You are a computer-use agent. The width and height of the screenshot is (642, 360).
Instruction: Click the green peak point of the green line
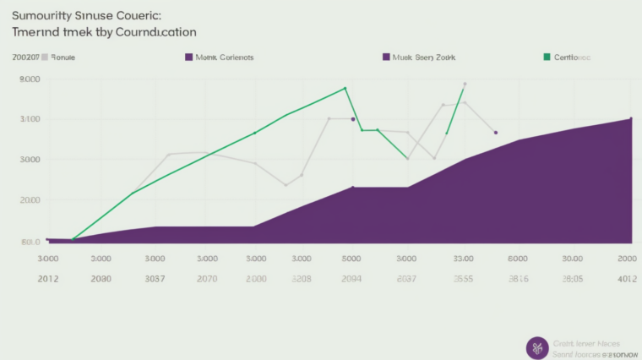[x=345, y=88]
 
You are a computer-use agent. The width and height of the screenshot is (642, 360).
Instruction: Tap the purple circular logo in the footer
[x=536, y=348]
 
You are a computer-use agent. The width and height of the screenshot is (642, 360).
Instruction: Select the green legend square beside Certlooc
[x=547, y=57]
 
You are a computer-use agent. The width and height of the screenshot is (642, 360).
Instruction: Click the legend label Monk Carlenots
[x=224, y=57]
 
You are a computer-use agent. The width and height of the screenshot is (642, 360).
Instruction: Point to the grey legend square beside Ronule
[x=44, y=57]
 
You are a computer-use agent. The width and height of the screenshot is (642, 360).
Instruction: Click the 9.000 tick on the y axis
[x=30, y=79]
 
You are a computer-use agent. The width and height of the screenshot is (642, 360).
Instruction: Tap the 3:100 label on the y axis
[x=30, y=119]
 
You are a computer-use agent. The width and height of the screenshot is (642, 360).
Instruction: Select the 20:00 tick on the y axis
[x=30, y=200]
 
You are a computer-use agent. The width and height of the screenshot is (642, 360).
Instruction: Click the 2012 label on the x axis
[x=47, y=277]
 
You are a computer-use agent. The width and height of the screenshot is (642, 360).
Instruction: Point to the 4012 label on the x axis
[x=627, y=277]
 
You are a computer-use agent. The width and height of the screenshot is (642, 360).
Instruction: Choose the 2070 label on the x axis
[x=207, y=277]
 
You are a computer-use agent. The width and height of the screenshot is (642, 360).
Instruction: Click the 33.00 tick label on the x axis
[x=463, y=259]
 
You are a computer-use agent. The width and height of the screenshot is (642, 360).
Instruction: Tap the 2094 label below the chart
[x=351, y=277]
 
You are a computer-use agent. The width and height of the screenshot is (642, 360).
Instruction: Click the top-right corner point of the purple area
[x=630, y=118]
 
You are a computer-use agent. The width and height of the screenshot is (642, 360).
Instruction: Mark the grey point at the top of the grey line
[x=465, y=85]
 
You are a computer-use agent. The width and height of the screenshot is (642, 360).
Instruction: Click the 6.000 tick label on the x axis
[x=517, y=259]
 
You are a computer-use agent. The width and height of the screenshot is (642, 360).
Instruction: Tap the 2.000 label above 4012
[x=627, y=259]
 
